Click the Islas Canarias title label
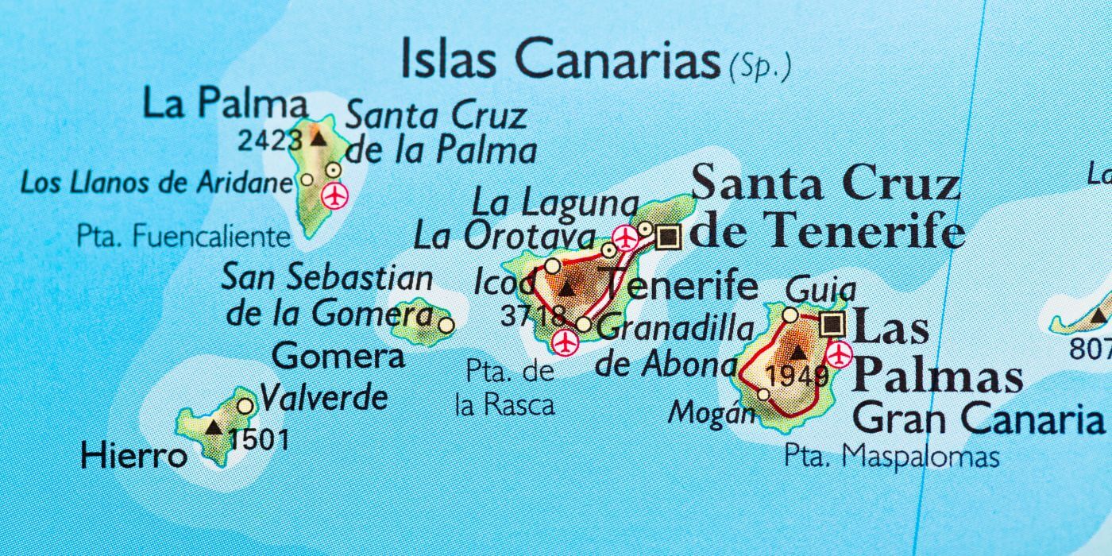click(x=560, y=60)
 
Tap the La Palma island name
click(x=225, y=104)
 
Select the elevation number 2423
click(x=270, y=141)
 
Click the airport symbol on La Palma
click(x=335, y=195)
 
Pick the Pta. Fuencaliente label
click(x=183, y=236)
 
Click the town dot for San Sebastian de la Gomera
click(x=446, y=324)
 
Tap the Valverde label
click(x=324, y=397)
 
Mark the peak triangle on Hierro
click(x=213, y=428)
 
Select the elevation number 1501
click(x=258, y=439)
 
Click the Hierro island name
click(x=133, y=456)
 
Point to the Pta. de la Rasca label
click(x=505, y=388)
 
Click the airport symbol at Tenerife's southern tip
click(x=565, y=342)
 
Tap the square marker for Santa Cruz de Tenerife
click(x=670, y=236)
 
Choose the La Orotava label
click(x=504, y=237)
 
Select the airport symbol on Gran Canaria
click(x=839, y=354)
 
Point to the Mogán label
click(x=712, y=412)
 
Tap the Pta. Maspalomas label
click(x=891, y=457)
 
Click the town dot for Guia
click(x=790, y=315)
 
